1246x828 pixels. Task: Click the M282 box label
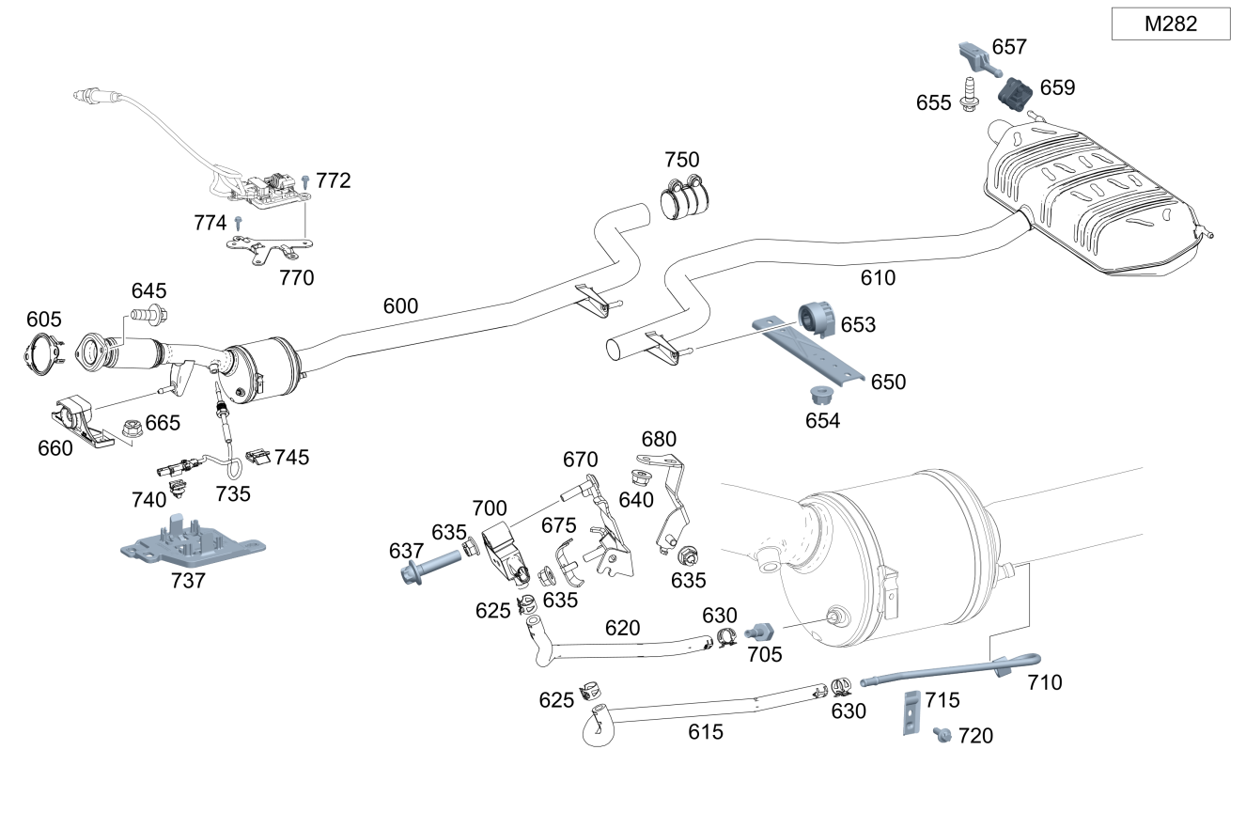pyautogui.click(x=1170, y=24)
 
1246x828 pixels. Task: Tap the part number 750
pyautogui.click(x=682, y=160)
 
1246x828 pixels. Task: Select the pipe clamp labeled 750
pyautogui.click(x=685, y=196)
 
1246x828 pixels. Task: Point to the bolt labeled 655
pyautogui.click(x=968, y=97)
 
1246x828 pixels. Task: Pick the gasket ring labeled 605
pyautogui.click(x=40, y=354)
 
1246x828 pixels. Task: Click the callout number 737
pyautogui.click(x=188, y=581)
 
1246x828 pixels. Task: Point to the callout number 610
pyautogui.click(x=878, y=278)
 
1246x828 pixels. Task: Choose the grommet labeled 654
pyautogui.click(x=823, y=395)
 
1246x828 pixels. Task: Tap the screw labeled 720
pyautogui.click(x=942, y=734)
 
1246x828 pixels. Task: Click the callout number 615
pyautogui.click(x=706, y=731)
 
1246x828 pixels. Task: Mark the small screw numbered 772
pyautogui.click(x=305, y=179)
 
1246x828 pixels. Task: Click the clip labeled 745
pyautogui.click(x=258, y=458)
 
